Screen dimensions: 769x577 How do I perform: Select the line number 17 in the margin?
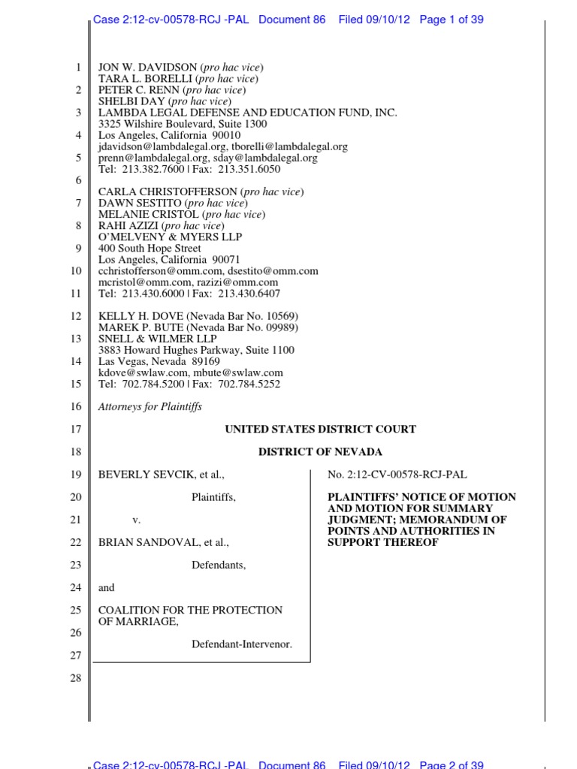click(x=75, y=430)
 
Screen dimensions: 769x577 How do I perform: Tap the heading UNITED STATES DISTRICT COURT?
click(x=320, y=430)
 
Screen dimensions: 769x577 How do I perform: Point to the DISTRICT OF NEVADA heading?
click(x=320, y=452)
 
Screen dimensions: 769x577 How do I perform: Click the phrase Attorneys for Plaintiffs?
click(x=150, y=407)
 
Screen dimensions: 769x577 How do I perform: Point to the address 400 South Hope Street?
click(x=150, y=248)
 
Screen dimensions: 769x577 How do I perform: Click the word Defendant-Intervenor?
click(x=241, y=644)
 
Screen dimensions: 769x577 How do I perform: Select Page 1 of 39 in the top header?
click(x=451, y=20)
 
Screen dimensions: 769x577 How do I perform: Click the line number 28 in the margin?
click(x=75, y=677)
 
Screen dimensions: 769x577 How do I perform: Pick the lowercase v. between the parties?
click(x=137, y=520)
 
